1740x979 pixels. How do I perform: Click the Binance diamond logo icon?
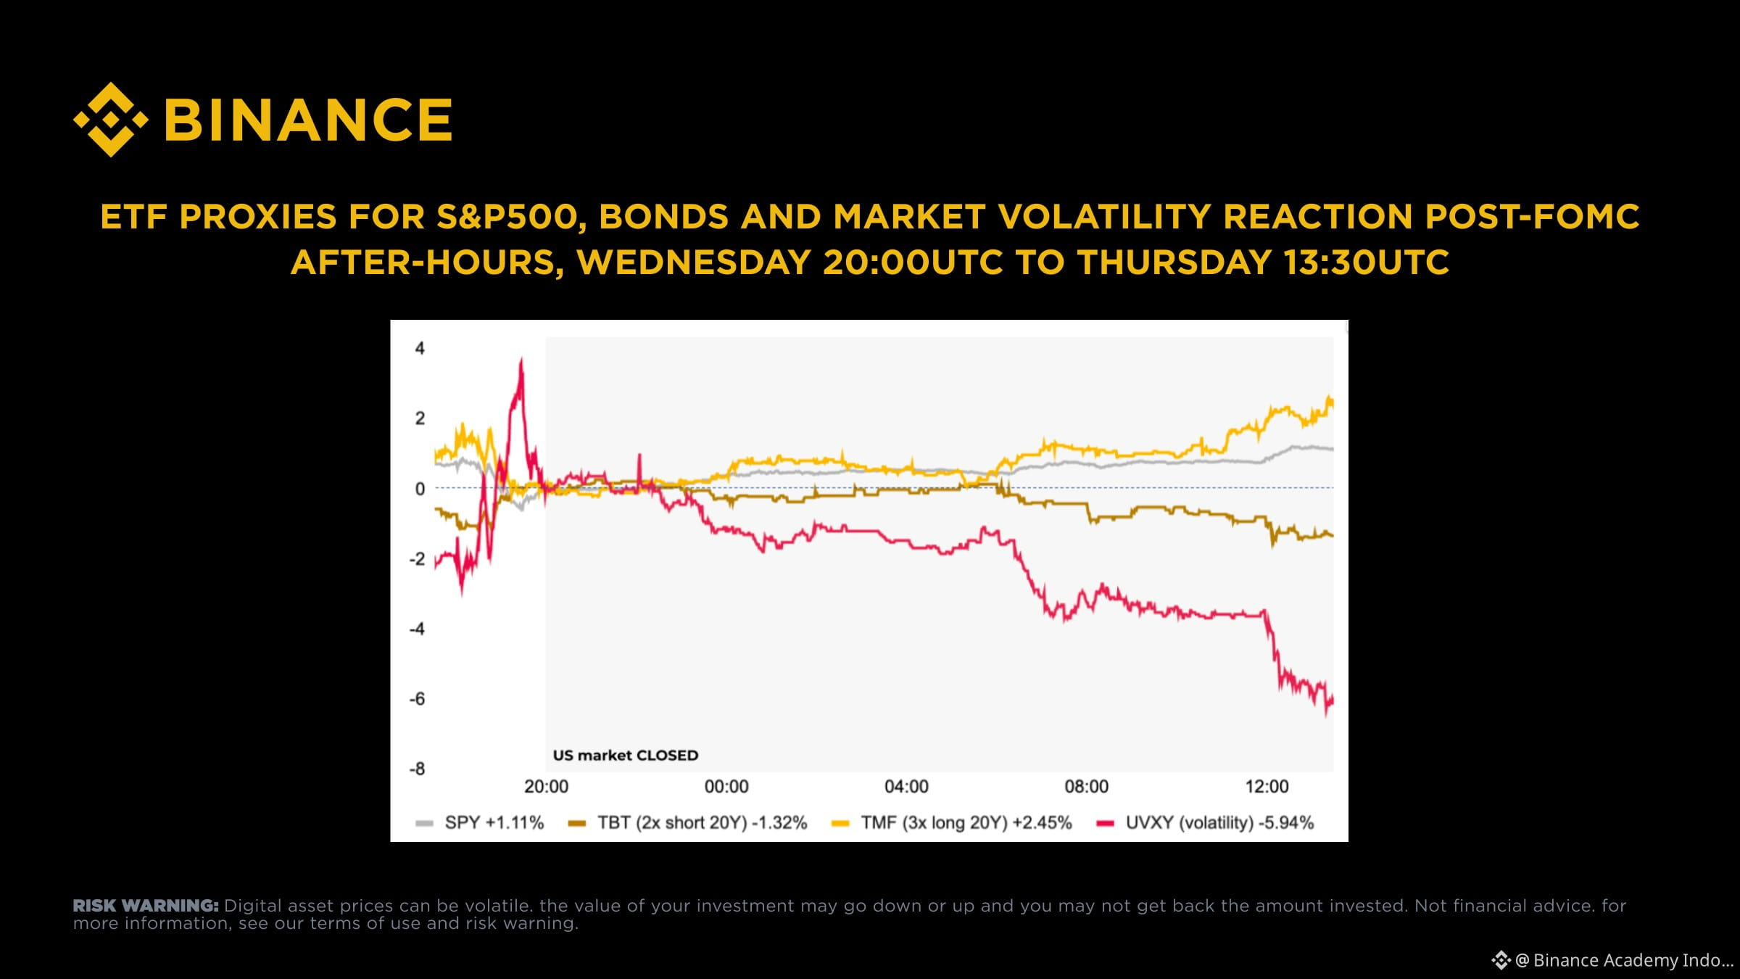click(111, 120)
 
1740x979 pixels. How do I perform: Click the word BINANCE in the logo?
click(309, 120)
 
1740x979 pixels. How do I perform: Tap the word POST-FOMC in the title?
click(1532, 217)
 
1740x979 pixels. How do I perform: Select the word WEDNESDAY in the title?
click(693, 262)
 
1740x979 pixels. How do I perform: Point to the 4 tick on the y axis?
click(420, 348)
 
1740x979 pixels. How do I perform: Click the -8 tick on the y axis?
click(417, 769)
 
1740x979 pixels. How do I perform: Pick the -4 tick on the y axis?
click(417, 629)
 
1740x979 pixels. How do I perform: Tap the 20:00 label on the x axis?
click(546, 787)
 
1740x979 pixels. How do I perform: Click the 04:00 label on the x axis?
click(906, 787)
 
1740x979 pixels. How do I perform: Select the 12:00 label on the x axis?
click(1267, 787)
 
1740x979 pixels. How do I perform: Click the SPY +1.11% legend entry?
click(479, 823)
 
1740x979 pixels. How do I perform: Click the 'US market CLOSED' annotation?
click(626, 756)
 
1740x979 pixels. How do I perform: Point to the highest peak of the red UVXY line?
click(521, 359)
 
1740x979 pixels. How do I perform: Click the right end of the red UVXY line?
click(1333, 701)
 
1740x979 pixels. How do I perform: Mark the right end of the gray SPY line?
click(1333, 450)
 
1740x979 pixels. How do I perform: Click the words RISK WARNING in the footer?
click(146, 906)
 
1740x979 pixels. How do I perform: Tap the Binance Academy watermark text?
click(1623, 960)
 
